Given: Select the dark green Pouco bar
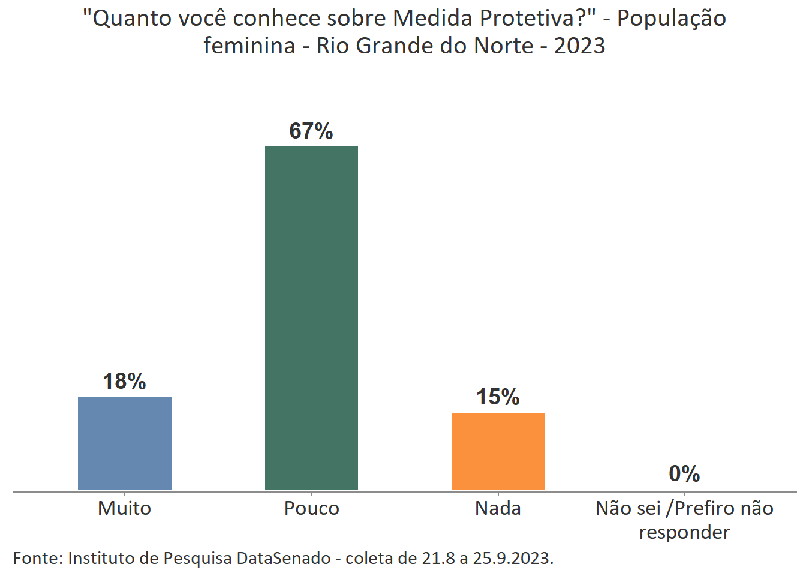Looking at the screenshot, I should click(311, 318).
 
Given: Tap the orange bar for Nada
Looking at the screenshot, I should click(498, 451).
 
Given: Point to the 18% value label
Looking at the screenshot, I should click(124, 382).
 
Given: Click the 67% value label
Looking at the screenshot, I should click(311, 131).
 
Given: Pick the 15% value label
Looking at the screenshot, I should click(498, 397).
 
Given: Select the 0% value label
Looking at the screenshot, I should click(684, 474).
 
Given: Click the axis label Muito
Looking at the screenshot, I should click(124, 508).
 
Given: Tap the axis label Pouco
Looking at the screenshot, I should click(311, 508).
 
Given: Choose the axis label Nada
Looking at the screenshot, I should click(498, 508).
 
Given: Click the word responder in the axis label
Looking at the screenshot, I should click(684, 532).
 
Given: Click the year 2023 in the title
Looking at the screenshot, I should click(579, 46).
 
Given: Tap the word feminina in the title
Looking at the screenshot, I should click(249, 46).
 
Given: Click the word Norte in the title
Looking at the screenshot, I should click(503, 46).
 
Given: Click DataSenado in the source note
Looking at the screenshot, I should click(284, 558).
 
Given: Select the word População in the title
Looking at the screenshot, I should click(671, 19).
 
